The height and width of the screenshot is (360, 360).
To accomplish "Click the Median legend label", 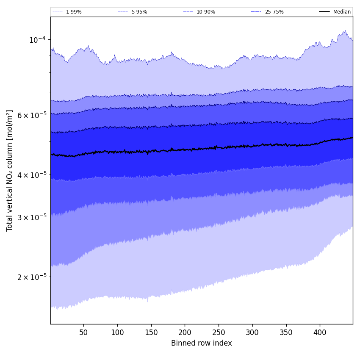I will click(x=341, y=12).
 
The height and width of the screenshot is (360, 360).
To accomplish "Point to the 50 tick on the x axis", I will click(x=83, y=332).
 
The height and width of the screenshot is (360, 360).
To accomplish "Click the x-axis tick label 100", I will click(x=117, y=332).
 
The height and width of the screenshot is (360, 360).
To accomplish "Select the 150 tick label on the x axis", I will click(x=151, y=332).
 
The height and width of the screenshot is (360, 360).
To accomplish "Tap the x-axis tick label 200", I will click(x=185, y=332).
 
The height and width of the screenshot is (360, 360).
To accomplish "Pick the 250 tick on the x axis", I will click(x=219, y=332).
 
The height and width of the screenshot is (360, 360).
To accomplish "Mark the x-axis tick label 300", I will click(x=252, y=332).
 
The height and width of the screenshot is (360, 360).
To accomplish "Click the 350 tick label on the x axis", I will click(x=286, y=332).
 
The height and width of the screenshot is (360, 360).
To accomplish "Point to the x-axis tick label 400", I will click(x=320, y=332).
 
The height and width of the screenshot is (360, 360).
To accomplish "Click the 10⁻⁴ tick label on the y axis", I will click(x=37, y=40).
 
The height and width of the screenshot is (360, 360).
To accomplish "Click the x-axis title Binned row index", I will click(x=202, y=343).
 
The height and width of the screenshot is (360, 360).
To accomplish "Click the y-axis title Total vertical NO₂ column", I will click(x=10, y=170).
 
